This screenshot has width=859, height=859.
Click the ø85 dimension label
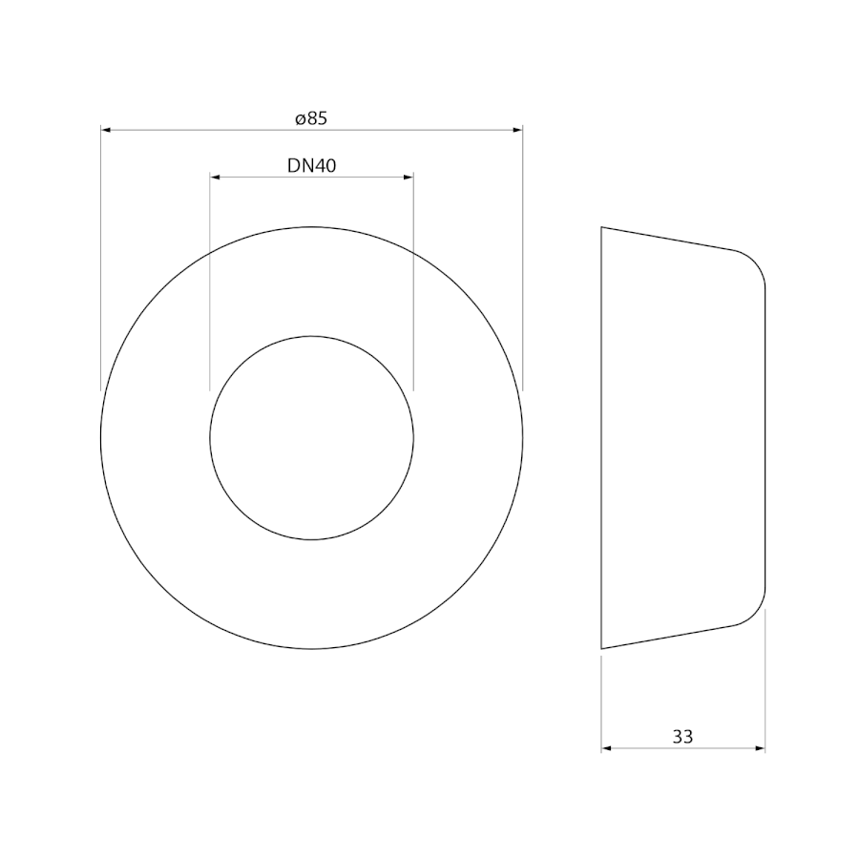point(310,118)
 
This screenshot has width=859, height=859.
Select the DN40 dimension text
point(311,165)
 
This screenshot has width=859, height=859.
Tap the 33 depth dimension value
point(682,737)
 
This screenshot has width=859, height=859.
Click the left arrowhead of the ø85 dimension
point(106,130)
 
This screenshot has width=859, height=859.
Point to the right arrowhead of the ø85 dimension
point(517,130)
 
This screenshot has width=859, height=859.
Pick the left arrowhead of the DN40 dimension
point(216,177)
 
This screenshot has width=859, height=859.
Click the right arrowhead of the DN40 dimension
point(409,177)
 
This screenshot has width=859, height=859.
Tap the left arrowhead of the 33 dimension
point(606,747)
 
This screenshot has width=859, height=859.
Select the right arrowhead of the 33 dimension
point(760,747)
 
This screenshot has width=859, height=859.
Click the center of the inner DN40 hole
point(312,438)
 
